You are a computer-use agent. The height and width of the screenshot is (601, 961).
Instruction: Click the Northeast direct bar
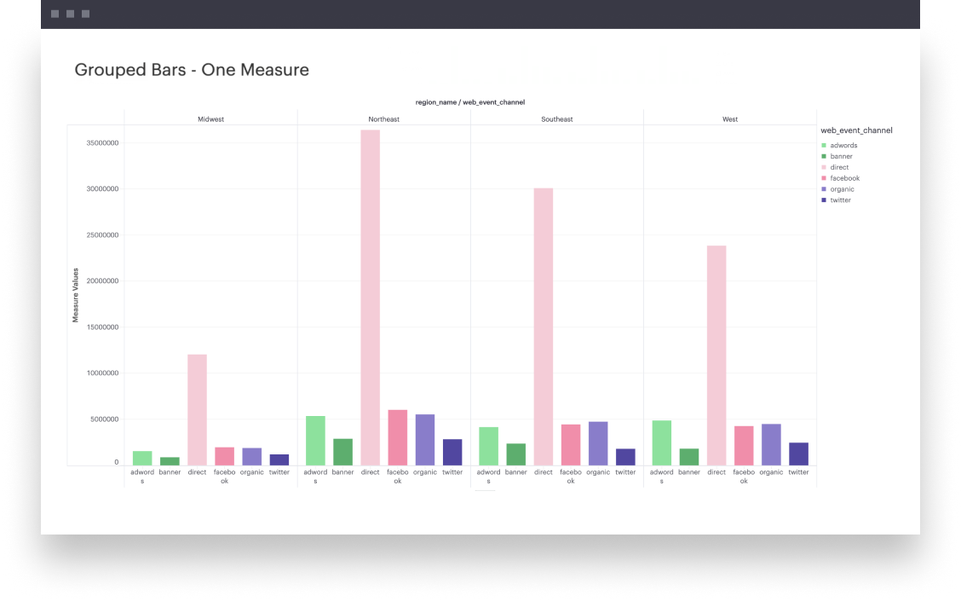coord(371,298)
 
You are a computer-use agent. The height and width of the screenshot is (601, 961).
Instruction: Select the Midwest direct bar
coord(198,410)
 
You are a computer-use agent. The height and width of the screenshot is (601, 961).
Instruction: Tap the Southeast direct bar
coord(544,327)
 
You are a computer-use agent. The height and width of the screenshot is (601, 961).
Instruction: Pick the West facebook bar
coord(744,446)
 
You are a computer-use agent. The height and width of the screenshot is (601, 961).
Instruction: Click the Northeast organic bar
coord(425,440)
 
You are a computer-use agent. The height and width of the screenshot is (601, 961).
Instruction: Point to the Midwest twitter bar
coord(279,460)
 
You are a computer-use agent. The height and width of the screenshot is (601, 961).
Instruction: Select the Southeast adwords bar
coord(488,447)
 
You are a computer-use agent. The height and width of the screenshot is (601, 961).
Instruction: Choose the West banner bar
coord(689,457)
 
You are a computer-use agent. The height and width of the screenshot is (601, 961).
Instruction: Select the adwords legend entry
coord(839,145)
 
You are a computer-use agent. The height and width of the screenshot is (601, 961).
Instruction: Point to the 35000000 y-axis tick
coord(102,143)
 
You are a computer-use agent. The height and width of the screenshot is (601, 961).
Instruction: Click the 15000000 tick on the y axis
coord(102,327)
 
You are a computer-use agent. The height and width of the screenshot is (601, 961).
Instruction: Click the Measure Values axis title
coord(75,295)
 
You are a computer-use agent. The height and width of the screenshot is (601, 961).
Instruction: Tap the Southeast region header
coord(557,119)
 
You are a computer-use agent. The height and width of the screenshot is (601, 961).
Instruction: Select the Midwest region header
coord(210,119)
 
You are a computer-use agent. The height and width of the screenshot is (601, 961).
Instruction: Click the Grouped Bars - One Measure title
coord(192,70)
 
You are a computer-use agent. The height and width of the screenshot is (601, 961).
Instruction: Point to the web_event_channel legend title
coord(856,130)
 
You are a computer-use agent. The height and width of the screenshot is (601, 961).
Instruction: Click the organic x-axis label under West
coord(771,472)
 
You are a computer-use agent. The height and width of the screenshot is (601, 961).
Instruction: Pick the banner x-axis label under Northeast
coord(343,472)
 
